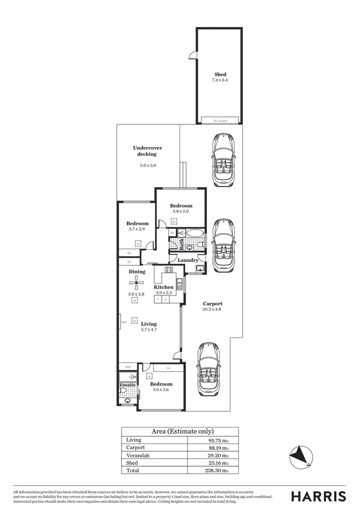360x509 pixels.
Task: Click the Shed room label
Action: [220, 74]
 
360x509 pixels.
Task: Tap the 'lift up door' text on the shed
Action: [220, 121]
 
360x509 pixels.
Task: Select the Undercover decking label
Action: [147, 151]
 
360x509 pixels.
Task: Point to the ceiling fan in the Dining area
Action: [137, 282]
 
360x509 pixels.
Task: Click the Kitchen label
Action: [164, 287]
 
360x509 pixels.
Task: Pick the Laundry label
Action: [188, 260]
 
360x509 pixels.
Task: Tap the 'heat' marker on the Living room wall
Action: [124, 322]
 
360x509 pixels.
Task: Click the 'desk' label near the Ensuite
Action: [128, 367]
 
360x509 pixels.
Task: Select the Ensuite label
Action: [127, 385]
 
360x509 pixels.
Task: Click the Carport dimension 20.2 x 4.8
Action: [212, 310]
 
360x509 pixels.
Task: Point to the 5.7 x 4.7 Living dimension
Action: [149, 330]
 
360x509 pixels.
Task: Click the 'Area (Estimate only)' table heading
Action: [182, 431]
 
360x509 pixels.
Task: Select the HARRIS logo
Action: [319, 496]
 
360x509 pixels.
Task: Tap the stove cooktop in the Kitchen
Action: [169, 270]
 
